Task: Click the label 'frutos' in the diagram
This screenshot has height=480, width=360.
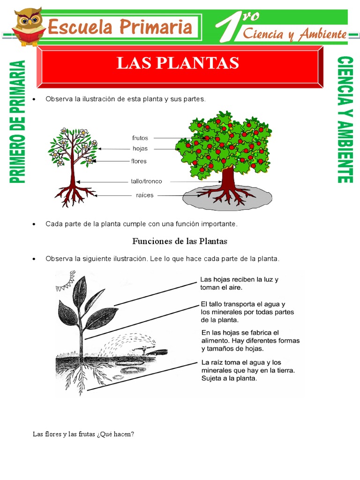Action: (x=140, y=138)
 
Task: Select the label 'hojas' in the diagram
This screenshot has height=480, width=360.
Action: (x=140, y=149)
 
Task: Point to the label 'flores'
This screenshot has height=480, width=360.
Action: (x=139, y=161)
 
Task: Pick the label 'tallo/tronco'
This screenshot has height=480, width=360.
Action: (x=146, y=181)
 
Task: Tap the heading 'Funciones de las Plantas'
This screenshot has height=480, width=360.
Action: (x=180, y=241)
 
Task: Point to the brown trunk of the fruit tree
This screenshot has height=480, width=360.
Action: (x=228, y=179)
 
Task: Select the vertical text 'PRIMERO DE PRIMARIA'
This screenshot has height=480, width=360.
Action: (x=17, y=122)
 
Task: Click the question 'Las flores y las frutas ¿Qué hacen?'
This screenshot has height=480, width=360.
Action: (x=83, y=434)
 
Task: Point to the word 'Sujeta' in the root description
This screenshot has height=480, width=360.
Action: (x=211, y=379)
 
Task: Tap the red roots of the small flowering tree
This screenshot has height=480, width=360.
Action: (x=72, y=194)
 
